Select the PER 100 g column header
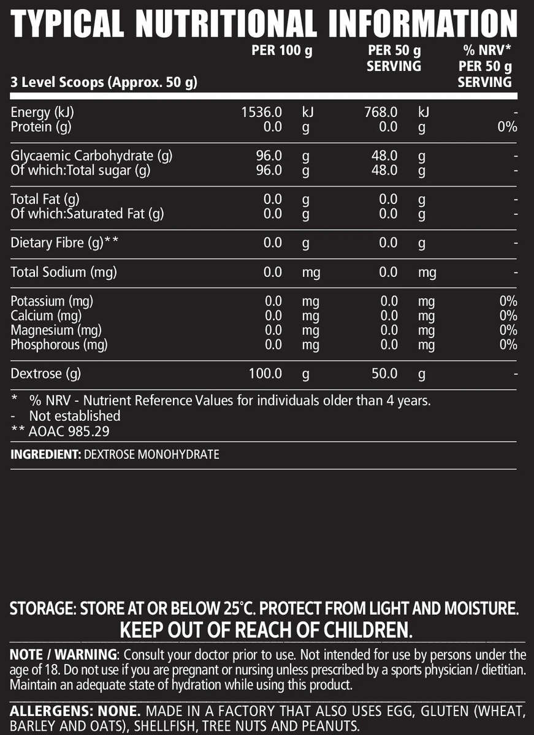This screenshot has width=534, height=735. coord(282,51)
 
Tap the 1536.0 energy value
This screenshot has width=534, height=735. coord(263,113)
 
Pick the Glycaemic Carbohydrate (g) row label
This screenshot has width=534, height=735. coord(91,156)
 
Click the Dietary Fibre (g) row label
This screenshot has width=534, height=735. coord(64,243)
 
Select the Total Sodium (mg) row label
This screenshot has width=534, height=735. coord(64,272)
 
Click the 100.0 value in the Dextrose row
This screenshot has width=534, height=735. coord(265,374)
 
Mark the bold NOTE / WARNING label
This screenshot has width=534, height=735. coord(63,654)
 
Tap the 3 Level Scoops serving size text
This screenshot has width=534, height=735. coord(104,82)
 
